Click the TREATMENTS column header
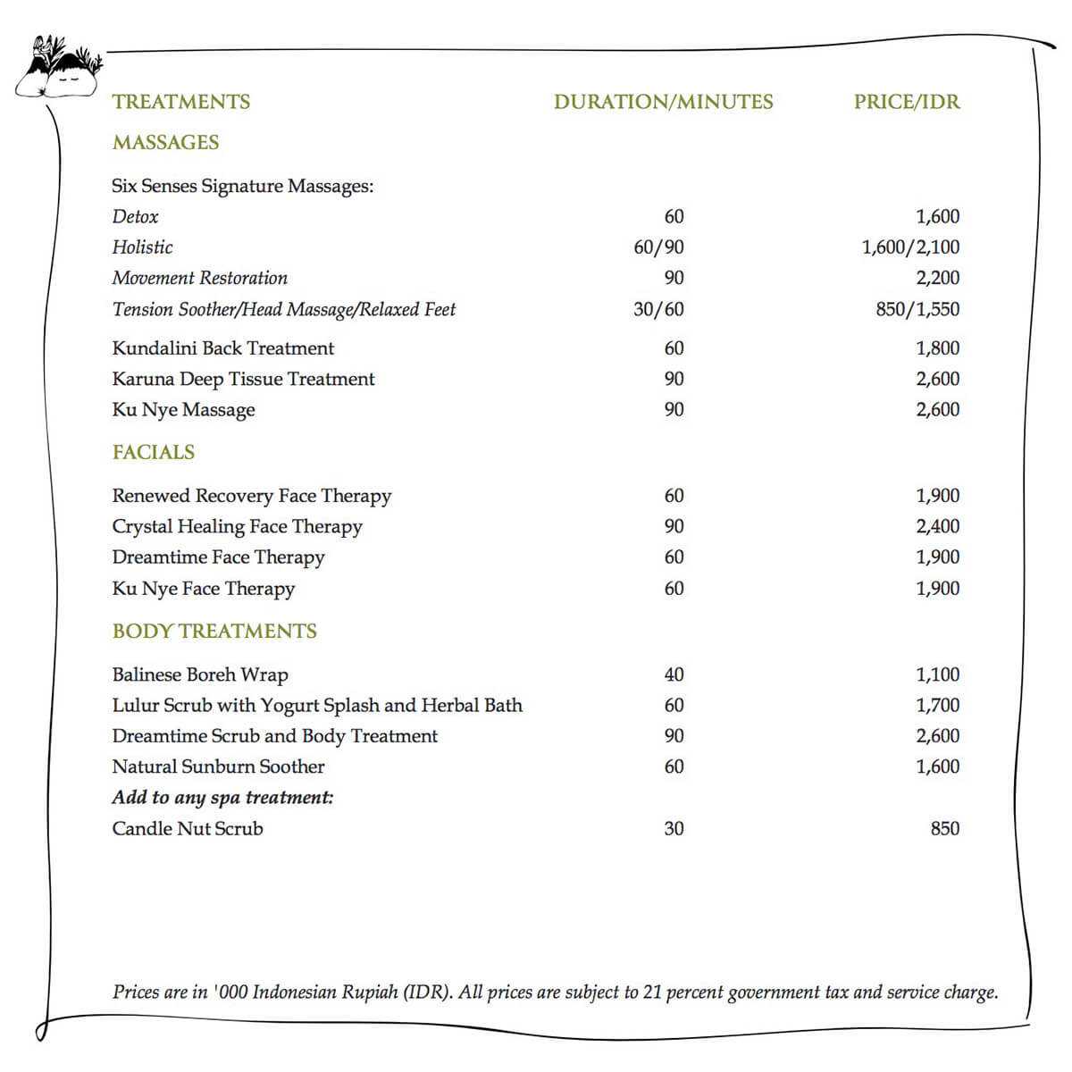pos(181,102)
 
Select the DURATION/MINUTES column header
pos(663,102)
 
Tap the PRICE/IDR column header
pos(907,102)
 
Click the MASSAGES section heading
pos(165,142)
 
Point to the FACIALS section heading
pos(153,452)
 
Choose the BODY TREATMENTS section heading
pos(214,632)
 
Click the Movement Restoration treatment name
pos(199,278)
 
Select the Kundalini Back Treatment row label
pos(222,348)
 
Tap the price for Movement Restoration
pos(937,278)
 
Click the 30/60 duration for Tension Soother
pos(658,309)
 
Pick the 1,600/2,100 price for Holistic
pos(910,247)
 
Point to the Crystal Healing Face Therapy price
pos(937,526)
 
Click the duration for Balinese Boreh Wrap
pos(674,674)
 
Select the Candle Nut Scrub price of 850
pos(944,828)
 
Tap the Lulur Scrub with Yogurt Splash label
pos(316,705)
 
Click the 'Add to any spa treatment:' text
pos(222,797)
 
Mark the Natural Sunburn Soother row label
pos(218,766)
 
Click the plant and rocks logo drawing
pos(55,66)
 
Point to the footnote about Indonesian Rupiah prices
pos(555,992)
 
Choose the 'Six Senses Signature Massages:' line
pos(242,186)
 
